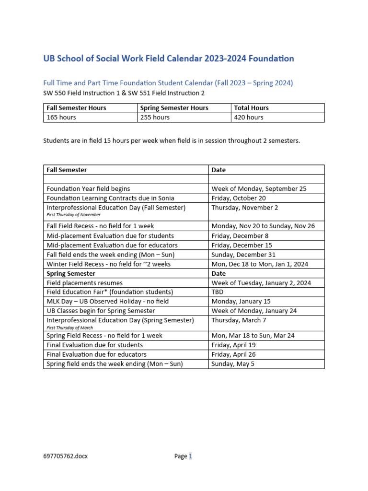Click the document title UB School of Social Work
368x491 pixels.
[x=169, y=58]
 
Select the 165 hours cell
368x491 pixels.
[x=61, y=117]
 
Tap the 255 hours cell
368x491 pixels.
[x=154, y=117]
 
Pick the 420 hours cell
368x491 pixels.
[x=249, y=117]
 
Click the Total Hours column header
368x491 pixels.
[x=252, y=108]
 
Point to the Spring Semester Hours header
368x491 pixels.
[x=174, y=108]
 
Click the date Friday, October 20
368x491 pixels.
[x=239, y=198]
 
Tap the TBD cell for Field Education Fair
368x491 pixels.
[x=218, y=292]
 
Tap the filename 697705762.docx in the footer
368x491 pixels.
[x=66, y=456]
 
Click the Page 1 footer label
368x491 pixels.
[x=183, y=456]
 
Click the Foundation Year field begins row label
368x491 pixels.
[x=88, y=189]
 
